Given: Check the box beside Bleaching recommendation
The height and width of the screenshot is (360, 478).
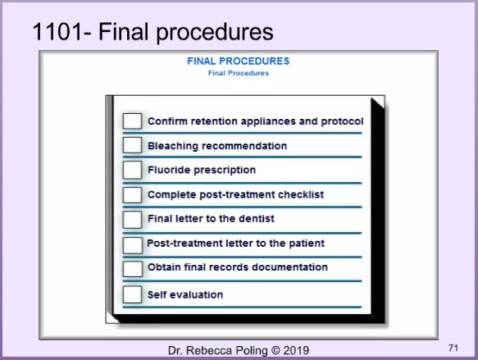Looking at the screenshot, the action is point(132,145).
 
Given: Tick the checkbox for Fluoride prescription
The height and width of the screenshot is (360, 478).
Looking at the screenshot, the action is point(132,170).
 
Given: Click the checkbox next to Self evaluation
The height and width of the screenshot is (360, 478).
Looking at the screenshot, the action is point(132,294).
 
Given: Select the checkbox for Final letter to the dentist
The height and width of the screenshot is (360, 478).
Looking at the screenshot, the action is point(132,220).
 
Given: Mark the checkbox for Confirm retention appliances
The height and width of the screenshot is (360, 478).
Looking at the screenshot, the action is point(132,121).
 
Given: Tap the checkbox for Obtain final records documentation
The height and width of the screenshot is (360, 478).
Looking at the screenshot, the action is point(133,268).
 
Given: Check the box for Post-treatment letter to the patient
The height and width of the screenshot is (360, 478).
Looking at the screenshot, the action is point(133,245).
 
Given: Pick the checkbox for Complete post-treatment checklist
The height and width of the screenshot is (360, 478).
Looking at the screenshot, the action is point(132,195).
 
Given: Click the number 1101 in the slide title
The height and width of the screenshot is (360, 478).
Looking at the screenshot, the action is point(57,32).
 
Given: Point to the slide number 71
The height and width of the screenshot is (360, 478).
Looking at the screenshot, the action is point(453,348).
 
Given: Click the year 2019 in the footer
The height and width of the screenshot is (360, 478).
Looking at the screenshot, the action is point(296,350).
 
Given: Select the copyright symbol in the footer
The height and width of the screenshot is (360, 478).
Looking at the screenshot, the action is point(275,350).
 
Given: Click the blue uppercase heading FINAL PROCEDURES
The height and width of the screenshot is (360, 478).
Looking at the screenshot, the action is point(238,62).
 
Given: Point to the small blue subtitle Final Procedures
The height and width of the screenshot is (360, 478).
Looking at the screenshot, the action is point(239,73).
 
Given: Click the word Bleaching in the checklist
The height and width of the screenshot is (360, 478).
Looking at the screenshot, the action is point(173,146).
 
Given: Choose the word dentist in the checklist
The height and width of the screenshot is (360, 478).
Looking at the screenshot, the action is point(257,219).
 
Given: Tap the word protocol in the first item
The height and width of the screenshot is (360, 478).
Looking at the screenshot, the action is point(342,121).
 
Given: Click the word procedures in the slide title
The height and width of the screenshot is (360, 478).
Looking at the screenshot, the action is point(215,33).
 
